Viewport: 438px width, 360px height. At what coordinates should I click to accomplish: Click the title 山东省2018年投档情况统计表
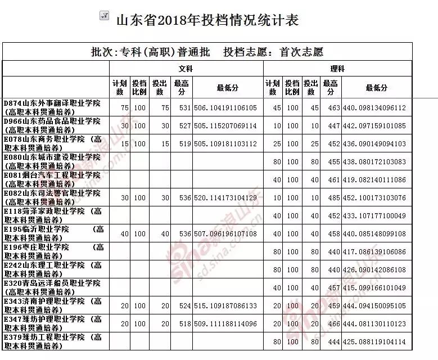(206, 21)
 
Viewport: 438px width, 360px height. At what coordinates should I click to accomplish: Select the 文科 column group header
(186, 69)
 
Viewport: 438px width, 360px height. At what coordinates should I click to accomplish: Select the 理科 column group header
(337, 69)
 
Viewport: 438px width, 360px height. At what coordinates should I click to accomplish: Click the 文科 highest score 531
(182, 108)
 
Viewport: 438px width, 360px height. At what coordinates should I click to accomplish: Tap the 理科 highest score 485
(331, 198)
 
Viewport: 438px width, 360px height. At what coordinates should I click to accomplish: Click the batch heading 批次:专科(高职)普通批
(150, 52)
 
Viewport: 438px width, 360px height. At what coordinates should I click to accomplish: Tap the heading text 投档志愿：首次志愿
(273, 52)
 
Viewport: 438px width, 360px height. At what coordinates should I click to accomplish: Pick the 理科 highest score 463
(331, 108)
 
